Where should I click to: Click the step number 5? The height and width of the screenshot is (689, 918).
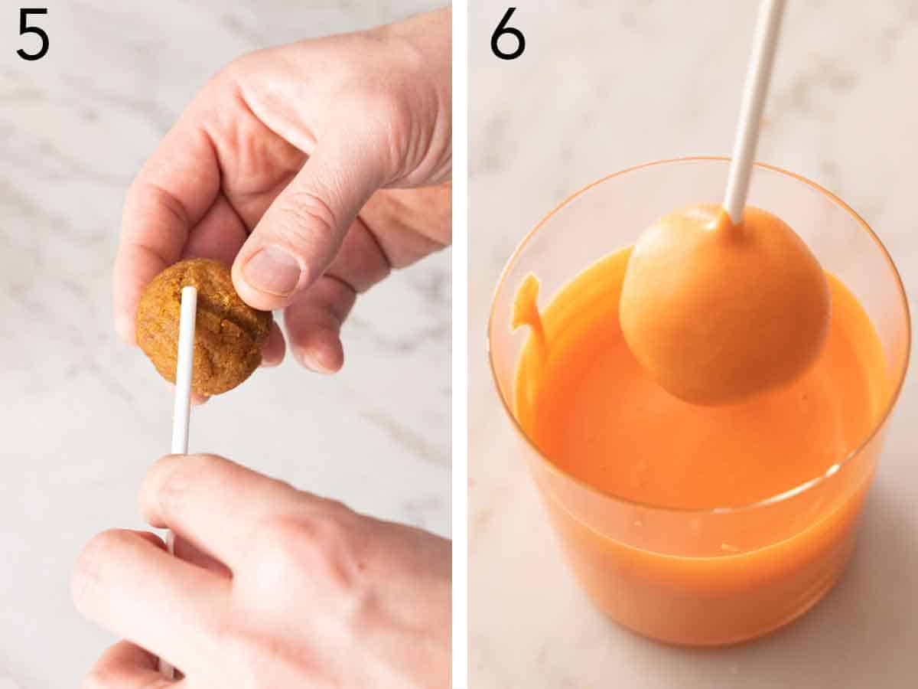tap(33, 34)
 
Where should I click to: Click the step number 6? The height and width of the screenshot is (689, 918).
tap(507, 34)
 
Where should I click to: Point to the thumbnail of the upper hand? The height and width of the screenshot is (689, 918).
tap(273, 271)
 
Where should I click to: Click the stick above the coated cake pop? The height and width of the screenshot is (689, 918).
tap(754, 100)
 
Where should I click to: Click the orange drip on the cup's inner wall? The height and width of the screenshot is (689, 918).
tap(528, 306)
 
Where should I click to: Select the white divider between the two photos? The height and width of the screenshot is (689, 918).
tap(459, 344)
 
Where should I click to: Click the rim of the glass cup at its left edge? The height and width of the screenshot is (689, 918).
tap(493, 337)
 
